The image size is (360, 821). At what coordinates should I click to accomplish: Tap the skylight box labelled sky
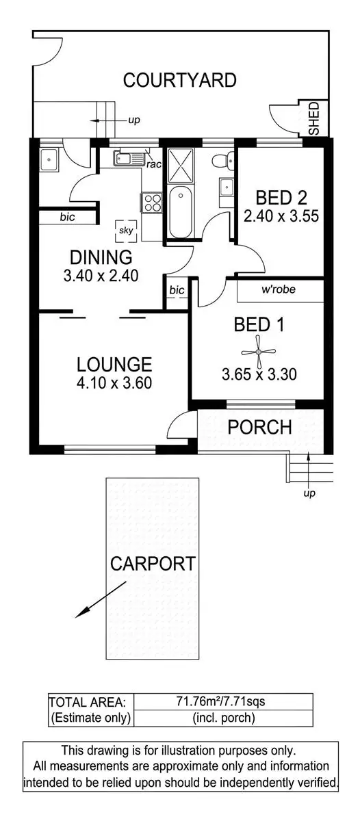pyautogui.click(x=126, y=231)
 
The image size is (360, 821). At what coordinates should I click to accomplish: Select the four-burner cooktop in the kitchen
pyautogui.click(x=151, y=202)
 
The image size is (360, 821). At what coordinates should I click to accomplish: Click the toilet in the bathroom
pyautogui.click(x=220, y=162)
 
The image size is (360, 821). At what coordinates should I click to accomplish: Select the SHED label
pyautogui.click(x=314, y=118)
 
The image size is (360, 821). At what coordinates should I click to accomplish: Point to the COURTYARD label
pyautogui.click(x=179, y=80)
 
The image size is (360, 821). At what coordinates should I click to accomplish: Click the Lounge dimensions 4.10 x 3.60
pyautogui.click(x=114, y=383)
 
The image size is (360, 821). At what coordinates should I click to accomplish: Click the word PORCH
pyautogui.click(x=259, y=428)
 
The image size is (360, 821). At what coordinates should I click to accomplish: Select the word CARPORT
pyautogui.click(x=153, y=564)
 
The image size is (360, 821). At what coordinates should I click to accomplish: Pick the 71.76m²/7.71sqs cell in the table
pyautogui.click(x=222, y=702)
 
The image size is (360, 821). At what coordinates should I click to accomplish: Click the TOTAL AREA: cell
pyautogui.click(x=87, y=702)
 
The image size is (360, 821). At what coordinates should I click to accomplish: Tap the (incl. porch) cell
pyautogui.click(x=222, y=718)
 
